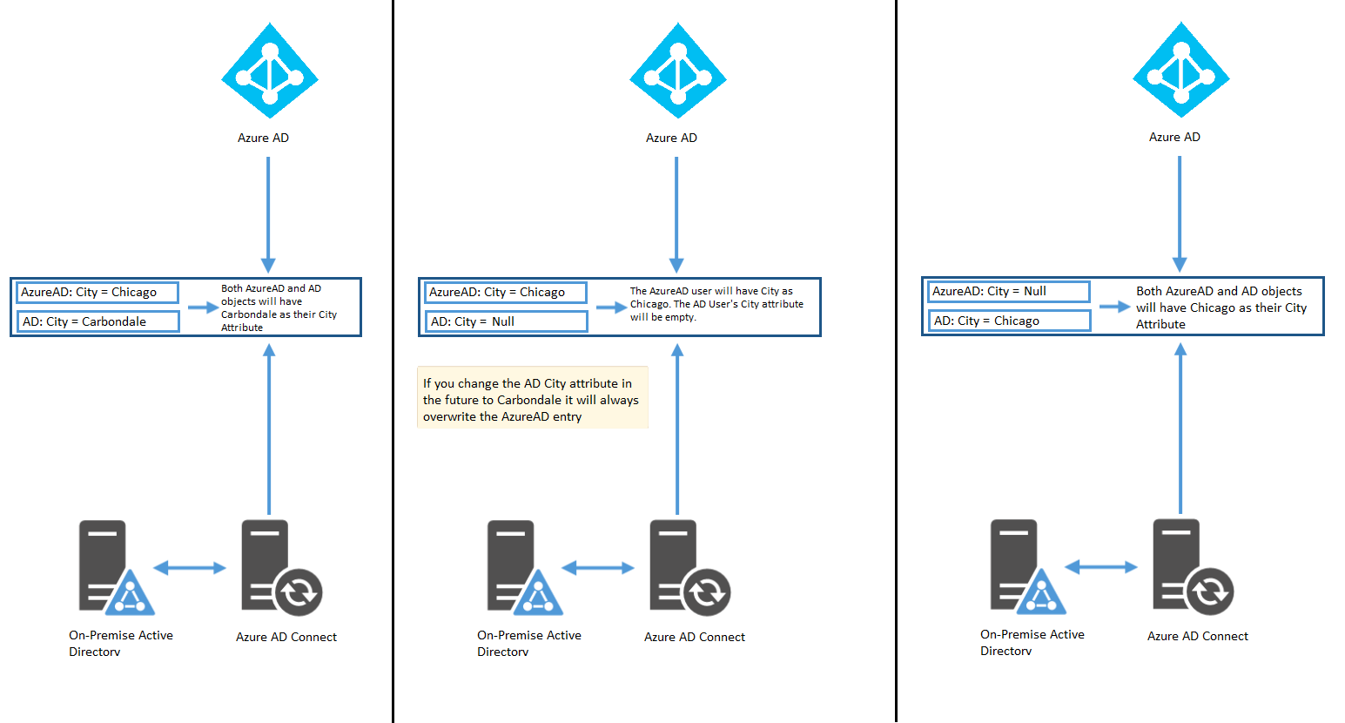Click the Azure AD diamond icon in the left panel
tap(270, 71)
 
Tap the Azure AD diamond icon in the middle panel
tap(678, 71)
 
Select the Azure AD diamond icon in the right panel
tap(1181, 70)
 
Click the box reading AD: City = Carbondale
tap(98, 321)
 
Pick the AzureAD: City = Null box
tap(1009, 292)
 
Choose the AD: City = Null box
tap(506, 321)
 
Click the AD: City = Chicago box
tap(1009, 321)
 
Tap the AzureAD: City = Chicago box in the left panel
tap(98, 292)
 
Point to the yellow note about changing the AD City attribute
tap(533, 397)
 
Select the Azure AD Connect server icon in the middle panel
tap(690, 568)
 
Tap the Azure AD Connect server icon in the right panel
tap(1193, 567)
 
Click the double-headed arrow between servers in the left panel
tap(190, 567)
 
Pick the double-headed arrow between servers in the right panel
tap(1101, 567)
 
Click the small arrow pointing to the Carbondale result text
tap(204, 307)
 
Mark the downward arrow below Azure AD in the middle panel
tap(676, 215)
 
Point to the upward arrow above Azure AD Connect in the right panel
tap(1180, 428)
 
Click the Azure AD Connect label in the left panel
tap(286, 637)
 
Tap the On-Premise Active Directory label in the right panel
tap(1032, 643)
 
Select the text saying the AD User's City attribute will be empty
tap(716, 311)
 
